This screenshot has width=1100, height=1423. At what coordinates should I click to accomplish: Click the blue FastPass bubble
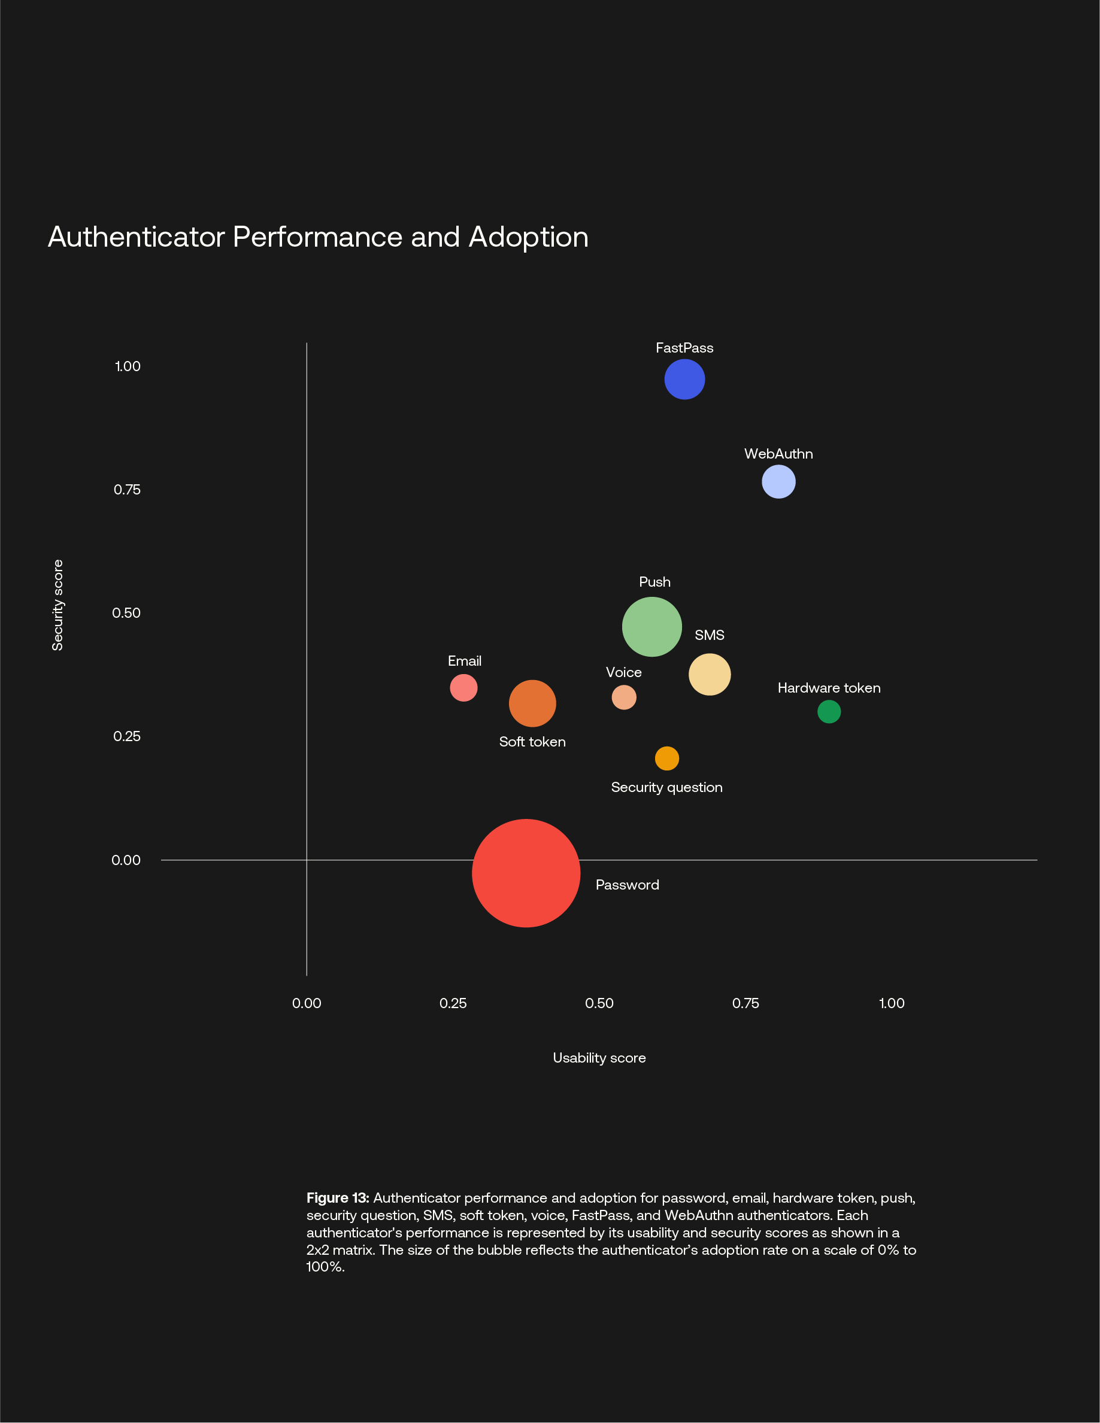pyautogui.click(x=684, y=379)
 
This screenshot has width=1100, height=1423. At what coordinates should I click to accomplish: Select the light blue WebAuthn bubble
pyautogui.click(x=778, y=482)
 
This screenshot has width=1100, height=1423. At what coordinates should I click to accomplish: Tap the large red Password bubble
pyautogui.click(x=526, y=873)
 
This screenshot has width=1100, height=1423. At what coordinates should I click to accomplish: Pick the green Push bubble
pyautogui.click(x=651, y=627)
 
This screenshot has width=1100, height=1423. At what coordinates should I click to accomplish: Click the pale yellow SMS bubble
pyautogui.click(x=709, y=674)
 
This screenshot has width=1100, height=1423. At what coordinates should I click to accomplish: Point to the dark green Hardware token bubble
pyautogui.click(x=828, y=711)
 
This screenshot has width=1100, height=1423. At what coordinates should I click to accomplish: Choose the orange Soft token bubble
pyautogui.click(x=532, y=703)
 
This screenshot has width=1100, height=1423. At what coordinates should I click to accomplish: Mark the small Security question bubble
pyautogui.click(x=666, y=758)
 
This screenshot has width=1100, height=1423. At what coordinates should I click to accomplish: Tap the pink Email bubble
pyautogui.click(x=463, y=688)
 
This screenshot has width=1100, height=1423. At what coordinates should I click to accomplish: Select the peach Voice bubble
pyautogui.click(x=623, y=698)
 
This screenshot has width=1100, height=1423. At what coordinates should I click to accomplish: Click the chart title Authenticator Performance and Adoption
pyautogui.click(x=318, y=237)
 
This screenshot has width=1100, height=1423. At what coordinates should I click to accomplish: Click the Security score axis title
pyautogui.click(x=57, y=605)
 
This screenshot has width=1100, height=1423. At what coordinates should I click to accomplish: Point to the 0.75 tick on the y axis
pyautogui.click(x=127, y=490)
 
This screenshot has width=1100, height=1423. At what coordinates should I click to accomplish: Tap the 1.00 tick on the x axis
pyautogui.click(x=892, y=1003)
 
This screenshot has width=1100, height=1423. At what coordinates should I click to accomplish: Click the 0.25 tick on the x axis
pyautogui.click(x=453, y=1003)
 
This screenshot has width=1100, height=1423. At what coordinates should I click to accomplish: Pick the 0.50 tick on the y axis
pyautogui.click(x=126, y=613)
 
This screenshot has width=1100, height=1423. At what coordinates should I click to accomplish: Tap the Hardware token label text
pyautogui.click(x=829, y=688)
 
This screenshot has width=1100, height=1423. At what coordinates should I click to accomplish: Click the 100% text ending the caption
pyautogui.click(x=324, y=1267)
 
